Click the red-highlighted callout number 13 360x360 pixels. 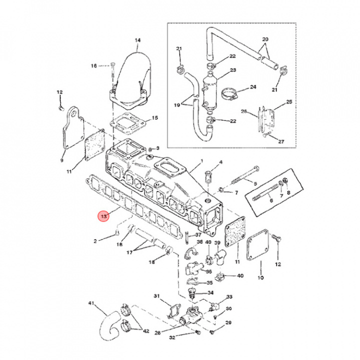click(x=104, y=216)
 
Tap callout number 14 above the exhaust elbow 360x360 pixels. click(x=137, y=40)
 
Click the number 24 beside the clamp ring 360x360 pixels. click(x=252, y=86)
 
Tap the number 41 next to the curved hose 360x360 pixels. click(x=91, y=303)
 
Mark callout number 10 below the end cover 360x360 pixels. click(x=260, y=277)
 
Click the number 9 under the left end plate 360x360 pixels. click(x=62, y=160)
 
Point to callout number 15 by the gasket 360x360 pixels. click(x=155, y=118)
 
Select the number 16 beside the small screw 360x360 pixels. click(x=93, y=66)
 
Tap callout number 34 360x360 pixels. click(x=210, y=293)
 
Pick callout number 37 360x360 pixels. click(x=198, y=235)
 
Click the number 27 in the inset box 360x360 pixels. click(x=281, y=141)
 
